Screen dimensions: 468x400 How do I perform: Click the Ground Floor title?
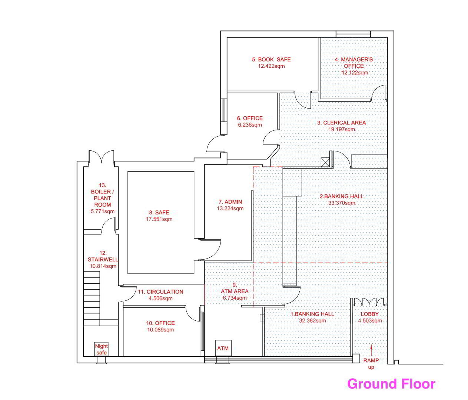(x=391, y=384)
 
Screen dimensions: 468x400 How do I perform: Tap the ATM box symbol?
(x=223, y=348)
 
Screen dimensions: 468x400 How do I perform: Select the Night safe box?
(x=102, y=349)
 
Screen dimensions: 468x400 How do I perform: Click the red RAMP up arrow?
(x=371, y=350)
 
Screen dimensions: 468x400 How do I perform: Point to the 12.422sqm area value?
(x=271, y=66)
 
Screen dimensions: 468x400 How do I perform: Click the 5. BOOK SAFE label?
(x=271, y=59)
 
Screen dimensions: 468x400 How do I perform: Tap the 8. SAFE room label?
(x=159, y=212)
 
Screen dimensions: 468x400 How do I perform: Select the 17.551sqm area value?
(x=159, y=219)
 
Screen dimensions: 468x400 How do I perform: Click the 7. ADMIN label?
(x=230, y=202)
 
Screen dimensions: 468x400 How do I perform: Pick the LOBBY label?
(x=370, y=314)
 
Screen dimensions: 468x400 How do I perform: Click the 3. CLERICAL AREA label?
(x=341, y=123)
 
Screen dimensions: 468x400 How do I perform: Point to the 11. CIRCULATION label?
(x=160, y=292)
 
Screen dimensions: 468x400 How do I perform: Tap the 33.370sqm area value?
(x=342, y=203)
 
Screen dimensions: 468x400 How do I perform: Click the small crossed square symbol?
(x=325, y=162)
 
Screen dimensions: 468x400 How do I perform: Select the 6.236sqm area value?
(x=250, y=125)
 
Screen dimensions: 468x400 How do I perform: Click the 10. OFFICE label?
(x=160, y=323)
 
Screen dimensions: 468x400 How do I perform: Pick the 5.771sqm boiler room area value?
(x=103, y=211)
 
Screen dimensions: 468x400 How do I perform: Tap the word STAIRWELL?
(x=103, y=259)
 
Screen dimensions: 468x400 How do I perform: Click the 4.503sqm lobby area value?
(x=370, y=320)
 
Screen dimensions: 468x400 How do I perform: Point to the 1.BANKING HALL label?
(x=312, y=314)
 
